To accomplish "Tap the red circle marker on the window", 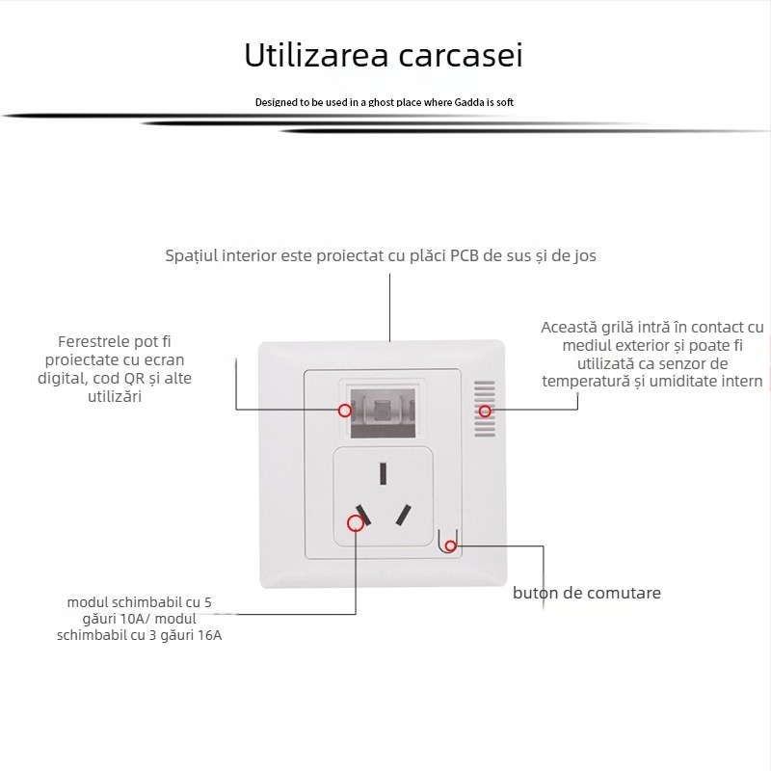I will click(344, 410).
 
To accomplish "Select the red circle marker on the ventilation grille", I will click(485, 412).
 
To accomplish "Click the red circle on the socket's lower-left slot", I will click(356, 522).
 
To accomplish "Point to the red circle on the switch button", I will click(451, 546).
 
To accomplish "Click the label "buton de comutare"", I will click(586, 593).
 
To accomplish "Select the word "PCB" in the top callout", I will click(468, 255).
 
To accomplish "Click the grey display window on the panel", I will click(384, 409).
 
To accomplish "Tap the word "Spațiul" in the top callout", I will click(194, 255).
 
